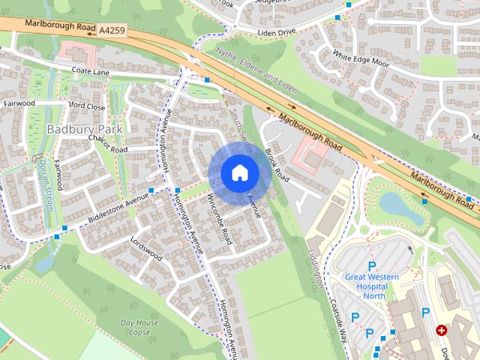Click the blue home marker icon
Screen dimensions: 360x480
click(x=239, y=173)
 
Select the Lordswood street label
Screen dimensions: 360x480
click(x=146, y=248)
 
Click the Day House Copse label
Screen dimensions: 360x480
click(x=139, y=327)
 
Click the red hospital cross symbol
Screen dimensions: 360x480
click(x=442, y=330)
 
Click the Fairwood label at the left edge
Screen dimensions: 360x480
click(x=19, y=102)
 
